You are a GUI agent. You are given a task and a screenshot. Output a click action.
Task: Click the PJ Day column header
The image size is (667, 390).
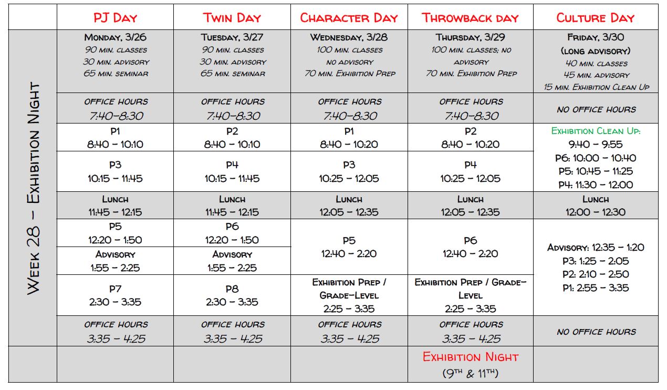tap(115, 18)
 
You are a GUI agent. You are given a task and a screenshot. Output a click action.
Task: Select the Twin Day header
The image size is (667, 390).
tap(232, 18)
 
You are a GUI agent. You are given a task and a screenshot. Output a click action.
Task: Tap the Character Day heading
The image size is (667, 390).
tap(349, 18)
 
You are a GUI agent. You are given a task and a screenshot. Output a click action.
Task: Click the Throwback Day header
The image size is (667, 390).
tap(470, 18)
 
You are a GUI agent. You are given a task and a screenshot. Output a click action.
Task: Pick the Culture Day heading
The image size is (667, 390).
tap(596, 18)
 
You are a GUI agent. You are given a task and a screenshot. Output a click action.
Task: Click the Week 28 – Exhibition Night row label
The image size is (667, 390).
tap(33, 188)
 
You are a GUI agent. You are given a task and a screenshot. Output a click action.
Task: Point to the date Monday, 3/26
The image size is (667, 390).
tap(116, 37)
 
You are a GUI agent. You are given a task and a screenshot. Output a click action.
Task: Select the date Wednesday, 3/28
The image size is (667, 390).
tap(349, 37)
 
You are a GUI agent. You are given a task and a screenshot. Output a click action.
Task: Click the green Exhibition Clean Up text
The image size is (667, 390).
tap(596, 131)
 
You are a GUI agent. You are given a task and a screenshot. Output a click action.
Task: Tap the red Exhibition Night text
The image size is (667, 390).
tap(471, 357)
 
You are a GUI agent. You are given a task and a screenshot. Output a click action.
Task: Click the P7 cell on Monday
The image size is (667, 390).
tap(116, 295)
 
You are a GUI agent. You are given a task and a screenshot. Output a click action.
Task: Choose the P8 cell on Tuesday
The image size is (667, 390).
tap(232, 295)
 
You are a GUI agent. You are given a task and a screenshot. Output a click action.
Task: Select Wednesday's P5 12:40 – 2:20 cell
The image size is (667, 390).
tap(349, 247)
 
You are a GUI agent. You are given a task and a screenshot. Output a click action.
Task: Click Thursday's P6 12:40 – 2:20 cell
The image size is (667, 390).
tap(470, 247)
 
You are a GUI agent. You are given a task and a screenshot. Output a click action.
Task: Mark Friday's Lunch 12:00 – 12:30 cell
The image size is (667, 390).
tap(596, 206)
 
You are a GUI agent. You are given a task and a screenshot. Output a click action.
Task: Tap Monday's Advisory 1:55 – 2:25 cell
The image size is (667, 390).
tap(116, 261)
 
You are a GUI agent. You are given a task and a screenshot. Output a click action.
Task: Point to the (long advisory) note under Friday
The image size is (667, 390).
tap(596, 51)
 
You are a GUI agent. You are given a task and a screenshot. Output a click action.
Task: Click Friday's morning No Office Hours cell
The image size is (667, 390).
tap(596, 109)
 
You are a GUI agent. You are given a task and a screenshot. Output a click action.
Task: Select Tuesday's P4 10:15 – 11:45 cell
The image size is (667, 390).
tap(232, 171)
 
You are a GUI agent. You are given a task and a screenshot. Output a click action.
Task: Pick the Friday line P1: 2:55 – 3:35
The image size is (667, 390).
tap(596, 288)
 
